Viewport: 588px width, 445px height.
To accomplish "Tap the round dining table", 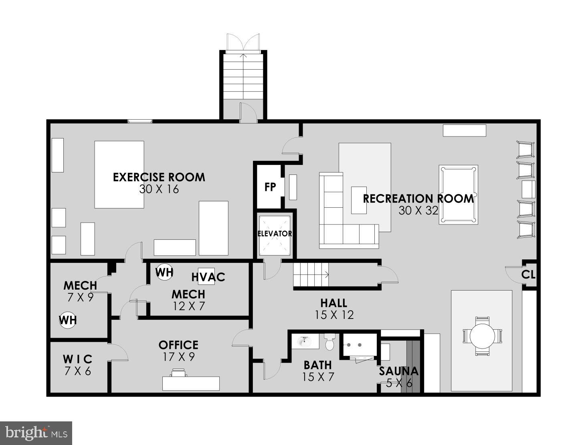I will [481, 336].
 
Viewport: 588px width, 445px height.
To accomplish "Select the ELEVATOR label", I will [275, 234].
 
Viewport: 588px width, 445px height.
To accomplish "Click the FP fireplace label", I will [270, 186].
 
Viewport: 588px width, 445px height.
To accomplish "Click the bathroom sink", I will [304, 341].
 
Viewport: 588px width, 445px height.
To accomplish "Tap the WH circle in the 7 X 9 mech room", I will [68, 320].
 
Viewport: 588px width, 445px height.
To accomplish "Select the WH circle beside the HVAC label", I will [164, 272].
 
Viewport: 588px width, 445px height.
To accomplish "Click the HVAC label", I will [208, 277].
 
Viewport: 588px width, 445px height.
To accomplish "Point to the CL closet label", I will [528, 275].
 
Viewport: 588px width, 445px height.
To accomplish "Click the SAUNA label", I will [398, 371].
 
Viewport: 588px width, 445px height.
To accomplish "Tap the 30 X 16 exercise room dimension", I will [159, 189].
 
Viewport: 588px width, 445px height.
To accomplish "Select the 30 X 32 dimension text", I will [418, 210].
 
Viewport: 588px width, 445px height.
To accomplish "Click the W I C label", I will [78, 359].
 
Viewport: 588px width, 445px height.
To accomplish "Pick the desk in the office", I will [191, 383].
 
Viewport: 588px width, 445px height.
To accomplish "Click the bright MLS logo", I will [36, 433].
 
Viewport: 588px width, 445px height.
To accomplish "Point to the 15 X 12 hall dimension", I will [334, 315].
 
